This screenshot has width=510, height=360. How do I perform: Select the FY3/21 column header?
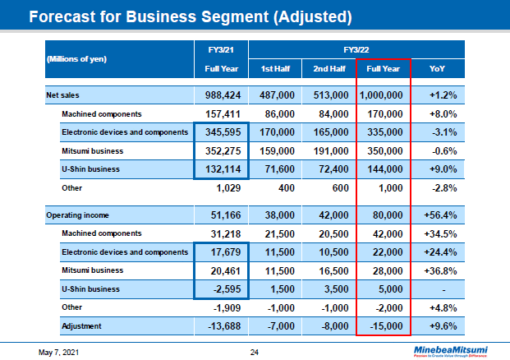pyautogui.click(x=221, y=48)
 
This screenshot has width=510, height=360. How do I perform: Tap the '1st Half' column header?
pyautogui.click(x=275, y=68)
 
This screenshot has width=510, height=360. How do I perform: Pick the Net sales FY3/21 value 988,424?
pyautogui.click(x=221, y=95)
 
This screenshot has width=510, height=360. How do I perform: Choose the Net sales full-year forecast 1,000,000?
pyautogui.click(x=382, y=95)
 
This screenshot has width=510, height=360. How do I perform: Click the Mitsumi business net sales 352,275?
pyautogui.click(x=221, y=150)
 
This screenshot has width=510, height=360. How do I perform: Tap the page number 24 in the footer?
pyautogui.click(x=255, y=352)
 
